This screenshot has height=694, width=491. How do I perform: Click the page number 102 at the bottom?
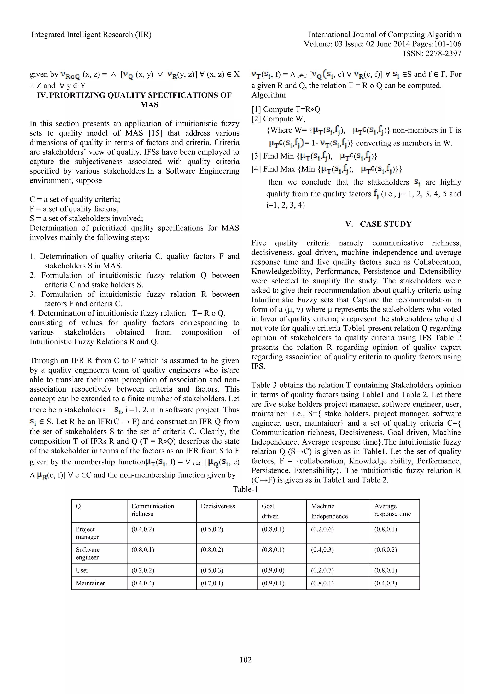coord(245,659)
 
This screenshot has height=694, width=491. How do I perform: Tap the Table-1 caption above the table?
coord(245,489)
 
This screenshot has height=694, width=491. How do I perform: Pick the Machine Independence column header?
coord(329,511)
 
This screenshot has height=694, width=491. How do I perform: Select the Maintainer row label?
coord(90,583)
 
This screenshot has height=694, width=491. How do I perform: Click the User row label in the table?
coord(82,570)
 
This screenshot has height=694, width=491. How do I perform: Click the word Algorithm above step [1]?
coord(268,95)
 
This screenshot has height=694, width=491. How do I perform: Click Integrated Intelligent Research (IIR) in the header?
coord(91,35)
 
